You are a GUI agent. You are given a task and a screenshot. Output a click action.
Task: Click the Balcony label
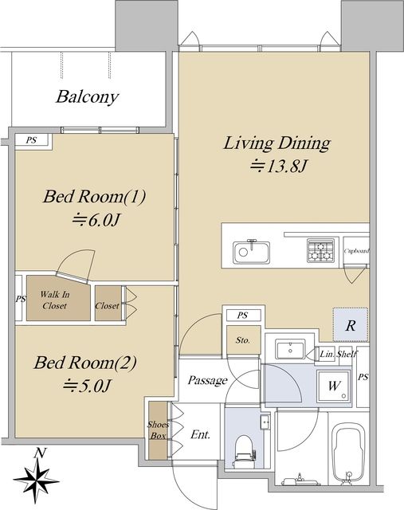pyautogui.click(x=87, y=97)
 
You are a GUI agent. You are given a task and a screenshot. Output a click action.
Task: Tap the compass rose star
pyautogui.click(x=36, y=481)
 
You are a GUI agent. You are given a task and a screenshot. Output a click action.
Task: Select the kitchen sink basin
pyautogui.click(x=251, y=253)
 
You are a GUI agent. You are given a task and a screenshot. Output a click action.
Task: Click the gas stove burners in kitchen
pyautogui.click(x=320, y=251)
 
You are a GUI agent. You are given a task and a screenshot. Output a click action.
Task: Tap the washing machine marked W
pyautogui.click(x=335, y=386)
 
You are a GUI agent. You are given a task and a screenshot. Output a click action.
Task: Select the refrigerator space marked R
pyautogui.click(x=351, y=324)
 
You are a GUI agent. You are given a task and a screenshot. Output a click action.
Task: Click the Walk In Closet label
pyautogui.click(x=55, y=300)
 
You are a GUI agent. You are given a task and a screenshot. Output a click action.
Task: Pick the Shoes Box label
pyautogui.click(x=158, y=430)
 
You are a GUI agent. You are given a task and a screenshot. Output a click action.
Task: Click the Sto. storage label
pyautogui.click(x=243, y=340)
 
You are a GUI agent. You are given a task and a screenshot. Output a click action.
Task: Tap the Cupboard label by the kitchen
pyautogui.click(x=356, y=251)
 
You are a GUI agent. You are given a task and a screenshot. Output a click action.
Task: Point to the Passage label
pyautogui.click(x=207, y=380)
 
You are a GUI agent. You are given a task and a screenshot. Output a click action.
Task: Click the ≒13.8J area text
pyautogui.click(x=279, y=167)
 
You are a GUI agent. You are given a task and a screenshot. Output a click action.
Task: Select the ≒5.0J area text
pyautogui.click(x=87, y=386)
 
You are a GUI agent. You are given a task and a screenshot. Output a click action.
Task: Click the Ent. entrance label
pyautogui.click(x=200, y=434)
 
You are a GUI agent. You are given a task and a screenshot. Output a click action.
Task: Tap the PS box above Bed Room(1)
pyautogui.click(x=32, y=140)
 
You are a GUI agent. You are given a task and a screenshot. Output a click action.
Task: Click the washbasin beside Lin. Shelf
pyautogui.click(x=291, y=349)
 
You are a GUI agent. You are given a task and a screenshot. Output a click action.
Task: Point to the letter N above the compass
pyautogui.click(x=41, y=453)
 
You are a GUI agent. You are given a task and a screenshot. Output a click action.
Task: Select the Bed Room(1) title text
pyautogui.click(x=94, y=197)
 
